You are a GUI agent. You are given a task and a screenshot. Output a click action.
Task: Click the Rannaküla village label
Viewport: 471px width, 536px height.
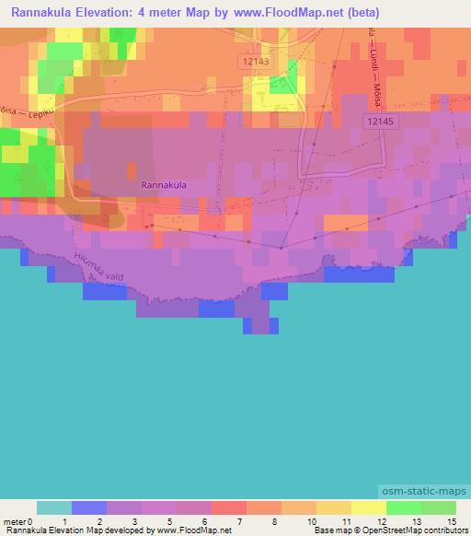[164, 184]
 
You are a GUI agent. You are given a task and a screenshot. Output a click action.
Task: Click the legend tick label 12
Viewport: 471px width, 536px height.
[385, 521]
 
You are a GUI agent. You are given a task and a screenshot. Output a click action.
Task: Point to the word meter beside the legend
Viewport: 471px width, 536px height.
[14, 521]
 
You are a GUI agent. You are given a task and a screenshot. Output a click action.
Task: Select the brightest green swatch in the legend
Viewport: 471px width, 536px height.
[404, 507]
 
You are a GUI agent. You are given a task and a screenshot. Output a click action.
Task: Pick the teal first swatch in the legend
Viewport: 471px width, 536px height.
[54, 507]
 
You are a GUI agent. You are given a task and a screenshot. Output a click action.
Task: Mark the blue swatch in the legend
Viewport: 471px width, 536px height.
[89, 507]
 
